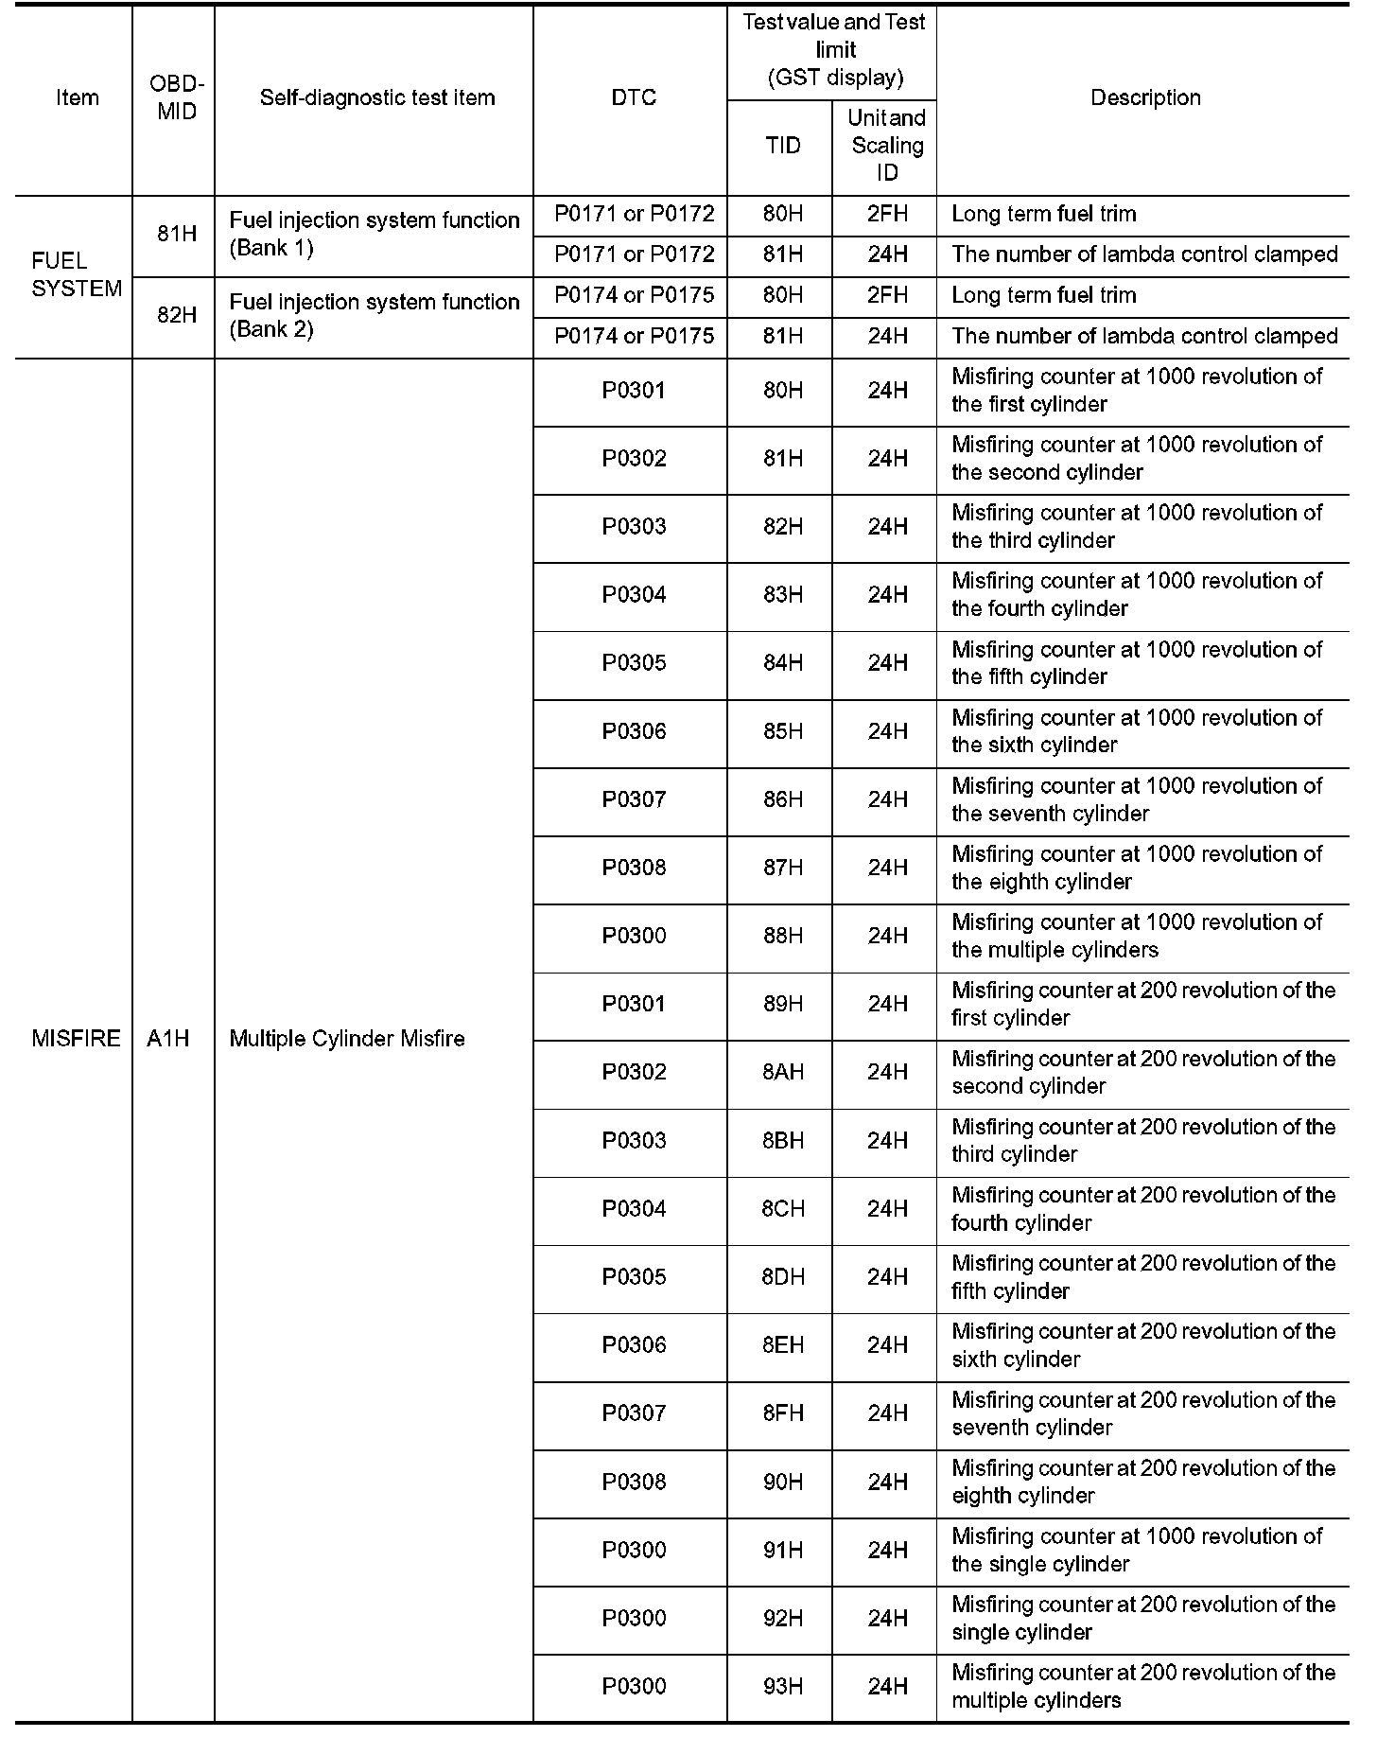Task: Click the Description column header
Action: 1144,97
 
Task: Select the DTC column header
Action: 633,97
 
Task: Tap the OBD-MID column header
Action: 177,97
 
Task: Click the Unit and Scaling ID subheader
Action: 886,145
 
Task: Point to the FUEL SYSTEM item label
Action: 77,274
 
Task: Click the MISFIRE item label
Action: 76,1038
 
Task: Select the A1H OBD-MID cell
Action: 168,1038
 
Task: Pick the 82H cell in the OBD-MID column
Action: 177,315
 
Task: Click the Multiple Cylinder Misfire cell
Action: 347,1038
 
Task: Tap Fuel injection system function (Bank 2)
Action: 375,315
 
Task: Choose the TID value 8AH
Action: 783,1072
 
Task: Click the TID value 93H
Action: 783,1685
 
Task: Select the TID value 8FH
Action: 783,1412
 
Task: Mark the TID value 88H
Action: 783,936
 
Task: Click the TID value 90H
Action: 783,1481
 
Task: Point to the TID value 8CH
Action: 783,1208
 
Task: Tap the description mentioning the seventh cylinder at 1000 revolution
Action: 1137,799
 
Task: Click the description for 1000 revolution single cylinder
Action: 1137,1549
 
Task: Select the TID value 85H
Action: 783,731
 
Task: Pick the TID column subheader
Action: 782,145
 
